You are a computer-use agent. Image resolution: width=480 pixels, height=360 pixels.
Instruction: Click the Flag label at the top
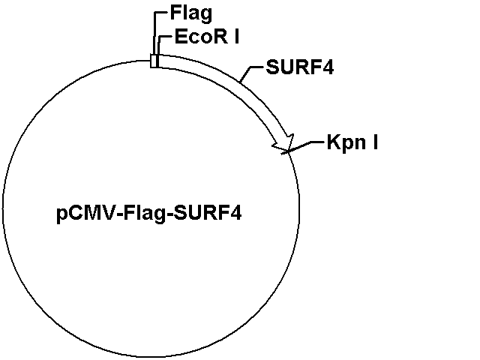pos(191,13)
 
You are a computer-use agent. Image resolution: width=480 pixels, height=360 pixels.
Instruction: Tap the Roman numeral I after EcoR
pos(237,37)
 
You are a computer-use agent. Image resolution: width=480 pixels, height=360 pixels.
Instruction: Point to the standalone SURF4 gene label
pos(300,67)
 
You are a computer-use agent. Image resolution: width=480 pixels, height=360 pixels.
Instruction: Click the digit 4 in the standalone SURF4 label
pos(328,67)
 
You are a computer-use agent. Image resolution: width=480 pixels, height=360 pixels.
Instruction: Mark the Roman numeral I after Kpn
pos(375,142)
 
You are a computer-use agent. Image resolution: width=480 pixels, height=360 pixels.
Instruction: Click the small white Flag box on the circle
pos(153,61)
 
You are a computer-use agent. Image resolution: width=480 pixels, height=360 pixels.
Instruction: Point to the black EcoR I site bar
pos(157,61)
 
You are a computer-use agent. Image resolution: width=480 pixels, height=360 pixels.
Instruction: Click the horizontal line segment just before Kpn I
pos(317,142)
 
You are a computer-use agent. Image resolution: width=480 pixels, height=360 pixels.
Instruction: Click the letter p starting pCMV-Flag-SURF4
pos(61,215)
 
